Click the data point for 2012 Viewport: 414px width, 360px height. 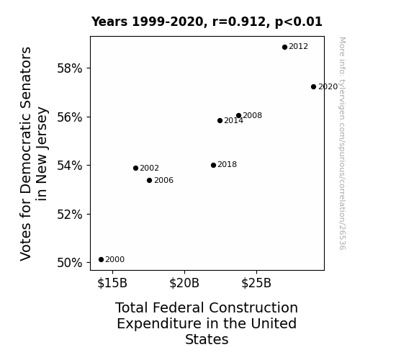[x=284, y=48]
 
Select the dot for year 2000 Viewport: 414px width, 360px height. [x=101, y=260]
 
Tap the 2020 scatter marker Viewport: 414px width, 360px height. [x=313, y=87]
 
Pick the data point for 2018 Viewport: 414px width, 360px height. [x=214, y=166]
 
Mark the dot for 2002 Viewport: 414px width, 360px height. [x=135, y=168]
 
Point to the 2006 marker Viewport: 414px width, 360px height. [x=150, y=181]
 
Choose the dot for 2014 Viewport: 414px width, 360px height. [x=220, y=121]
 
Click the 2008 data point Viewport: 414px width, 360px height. [x=239, y=116]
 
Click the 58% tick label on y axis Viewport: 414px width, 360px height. [x=70, y=68]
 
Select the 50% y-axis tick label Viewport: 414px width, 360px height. [x=70, y=263]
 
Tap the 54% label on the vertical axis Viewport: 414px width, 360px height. [x=70, y=166]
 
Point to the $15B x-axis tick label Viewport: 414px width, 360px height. [x=112, y=283]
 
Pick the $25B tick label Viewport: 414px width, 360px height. [x=256, y=283]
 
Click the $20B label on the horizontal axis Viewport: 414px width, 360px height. [x=184, y=283]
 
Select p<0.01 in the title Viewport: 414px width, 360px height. [x=299, y=22]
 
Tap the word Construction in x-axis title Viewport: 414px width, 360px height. [x=253, y=308]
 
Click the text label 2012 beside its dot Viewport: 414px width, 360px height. [x=298, y=47]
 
